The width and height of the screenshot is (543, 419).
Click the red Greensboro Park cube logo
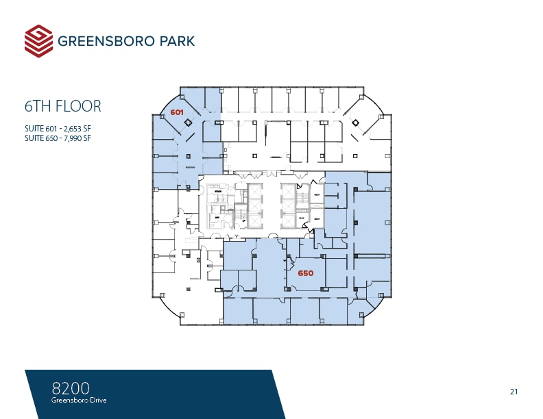[x=38, y=41]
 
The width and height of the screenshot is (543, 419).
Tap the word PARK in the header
[x=174, y=41]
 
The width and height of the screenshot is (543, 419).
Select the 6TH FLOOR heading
[x=63, y=106]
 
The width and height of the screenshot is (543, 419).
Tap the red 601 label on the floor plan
[x=177, y=112]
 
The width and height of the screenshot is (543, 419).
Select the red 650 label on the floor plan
[x=306, y=273]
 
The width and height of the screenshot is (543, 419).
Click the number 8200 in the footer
[x=71, y=388]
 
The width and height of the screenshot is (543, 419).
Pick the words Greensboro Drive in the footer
[x=79, y=400]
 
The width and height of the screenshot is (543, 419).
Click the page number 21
[x=514, y=392]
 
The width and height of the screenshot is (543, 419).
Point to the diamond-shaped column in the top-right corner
[x=356, y=123]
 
